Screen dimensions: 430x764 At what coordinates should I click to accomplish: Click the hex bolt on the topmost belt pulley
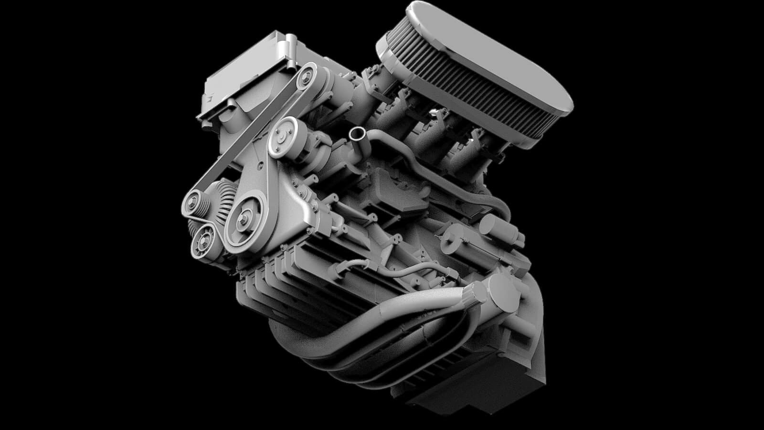click(x=305, y=75)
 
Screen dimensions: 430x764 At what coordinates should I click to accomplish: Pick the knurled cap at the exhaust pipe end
click(x=475, y=295)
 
